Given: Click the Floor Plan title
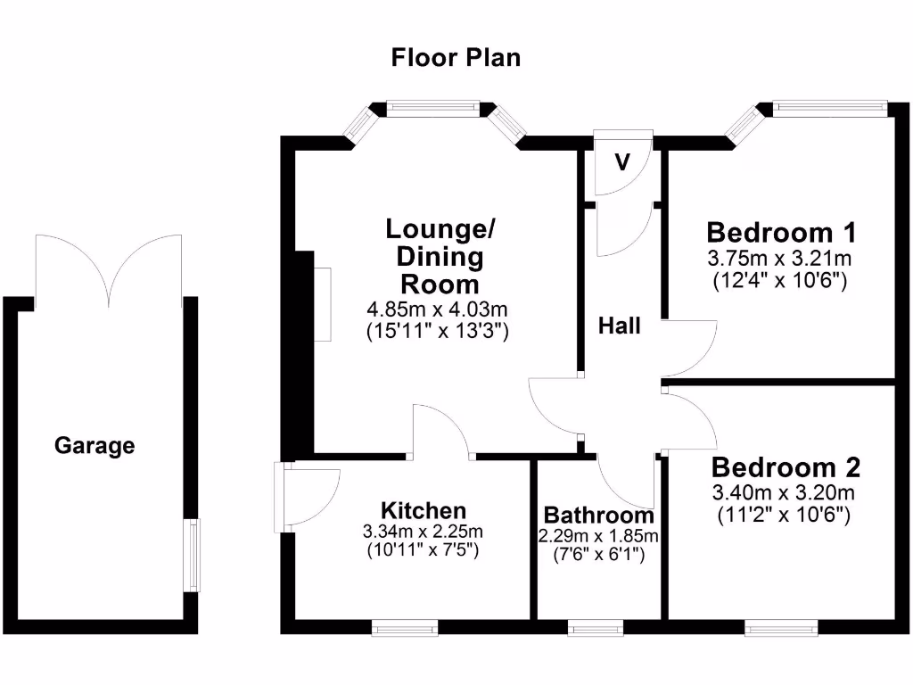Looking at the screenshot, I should tap(456, 58).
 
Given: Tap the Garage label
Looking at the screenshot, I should tap(95, 445).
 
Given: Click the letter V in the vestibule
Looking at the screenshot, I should tap(622, 162).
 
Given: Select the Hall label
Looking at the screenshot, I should tap(619, 326).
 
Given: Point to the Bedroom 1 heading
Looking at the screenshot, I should tap(781, 233).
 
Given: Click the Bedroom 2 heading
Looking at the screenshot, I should tap(785, 467).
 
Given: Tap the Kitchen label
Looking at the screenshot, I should tap(424, 510).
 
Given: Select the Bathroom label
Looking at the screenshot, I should tap(598, 516).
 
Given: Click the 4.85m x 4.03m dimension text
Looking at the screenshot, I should tap(437, 310).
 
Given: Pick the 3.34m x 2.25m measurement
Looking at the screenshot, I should tap(424, 532).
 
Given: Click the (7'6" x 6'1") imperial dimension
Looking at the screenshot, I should tap(598, 555).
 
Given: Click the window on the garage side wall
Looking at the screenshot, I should tap(193, 555).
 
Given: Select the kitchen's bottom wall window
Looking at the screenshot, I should tap(406, 629).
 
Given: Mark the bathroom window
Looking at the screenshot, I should tap(596, 629).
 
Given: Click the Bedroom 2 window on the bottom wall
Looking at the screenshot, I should tap(780, 629).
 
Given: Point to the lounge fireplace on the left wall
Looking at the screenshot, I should tap(322, 304).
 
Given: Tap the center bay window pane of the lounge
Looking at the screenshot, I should tap(433, 109).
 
